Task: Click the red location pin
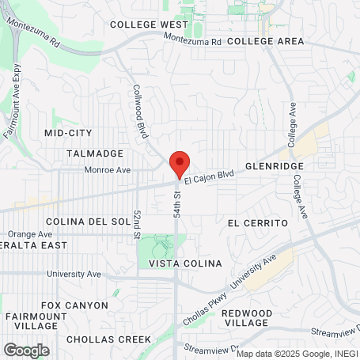180,163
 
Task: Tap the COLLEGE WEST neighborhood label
150,25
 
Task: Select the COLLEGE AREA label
265,40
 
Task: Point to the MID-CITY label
68,133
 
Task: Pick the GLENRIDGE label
274,166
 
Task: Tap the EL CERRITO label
257,223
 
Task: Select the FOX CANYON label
74,305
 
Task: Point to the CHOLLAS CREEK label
109,339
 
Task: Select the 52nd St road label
136,224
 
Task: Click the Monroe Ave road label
106,169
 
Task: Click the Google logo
26,349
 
